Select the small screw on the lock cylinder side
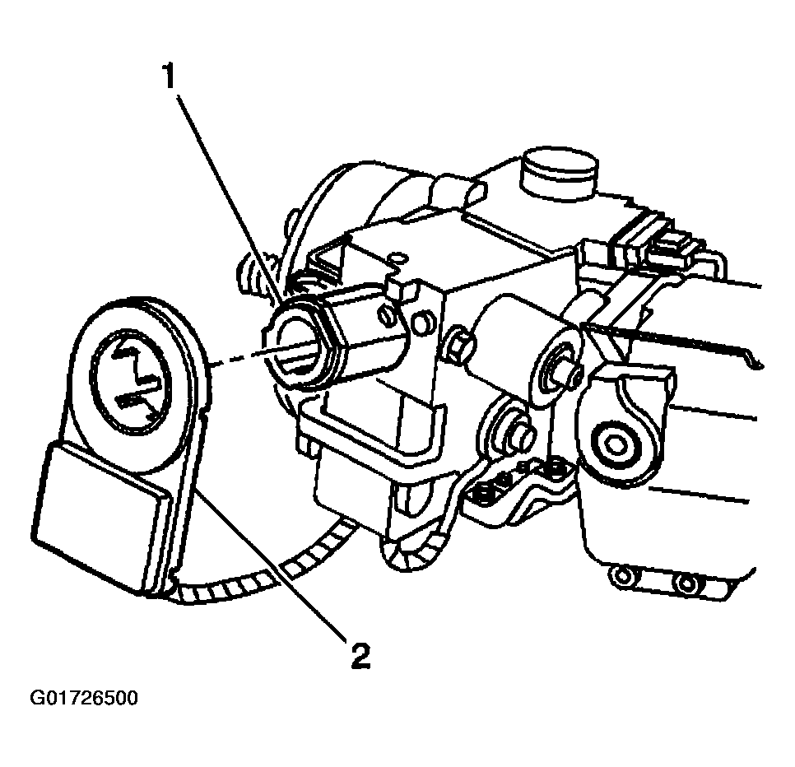tap(386, 316)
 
